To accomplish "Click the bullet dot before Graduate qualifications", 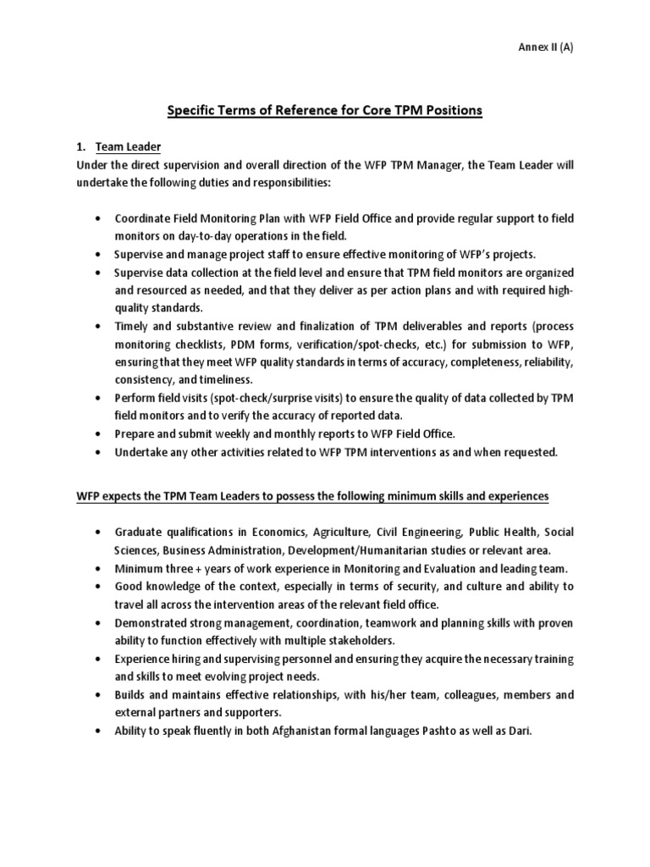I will [100, 532].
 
